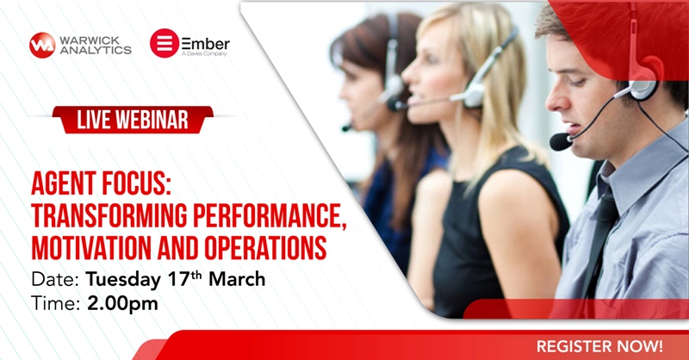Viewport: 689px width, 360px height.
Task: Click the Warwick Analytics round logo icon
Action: pos(41,45)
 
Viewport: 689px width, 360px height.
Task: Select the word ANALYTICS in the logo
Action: pos(96,51)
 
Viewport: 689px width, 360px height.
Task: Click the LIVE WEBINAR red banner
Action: pos(133,120)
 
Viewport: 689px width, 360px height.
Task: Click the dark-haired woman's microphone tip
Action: pos(346,127)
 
